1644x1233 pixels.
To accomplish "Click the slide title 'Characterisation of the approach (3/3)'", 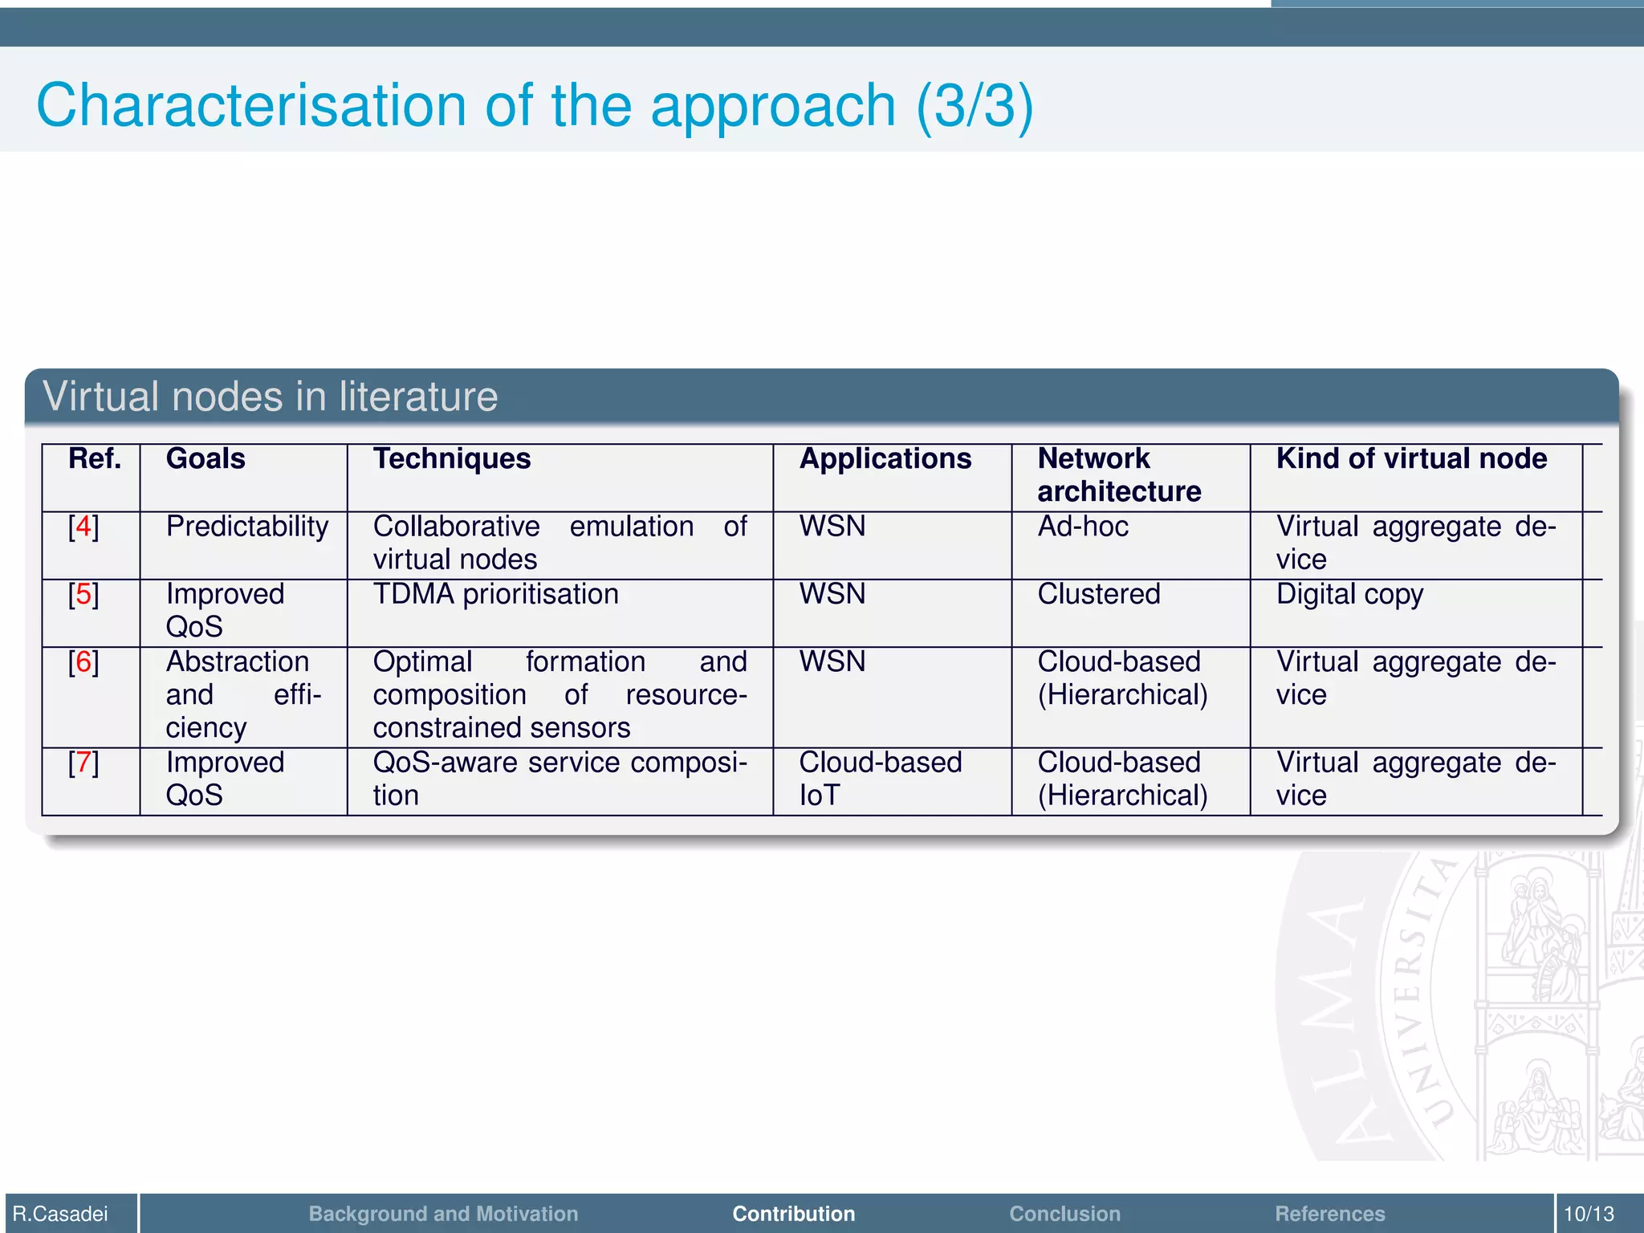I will coord(535,106).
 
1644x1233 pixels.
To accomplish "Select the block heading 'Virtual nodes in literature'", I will coord(270,397).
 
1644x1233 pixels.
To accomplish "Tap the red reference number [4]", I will coord(83,527).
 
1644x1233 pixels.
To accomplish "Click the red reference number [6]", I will coord(83,663).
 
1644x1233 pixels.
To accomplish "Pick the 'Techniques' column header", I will coord(452,459).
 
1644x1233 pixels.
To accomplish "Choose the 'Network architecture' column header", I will coord(1119,475).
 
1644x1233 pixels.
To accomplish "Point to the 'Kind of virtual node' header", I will coord(1411,459).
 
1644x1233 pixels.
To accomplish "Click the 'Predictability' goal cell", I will coord(247,527).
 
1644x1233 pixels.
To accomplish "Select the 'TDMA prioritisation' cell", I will coord(496,595).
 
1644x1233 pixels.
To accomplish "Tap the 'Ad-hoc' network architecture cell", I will coord(1083,527).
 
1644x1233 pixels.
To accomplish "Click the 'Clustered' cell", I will coord(1099,595).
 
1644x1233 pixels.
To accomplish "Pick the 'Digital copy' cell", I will coord(1349,595).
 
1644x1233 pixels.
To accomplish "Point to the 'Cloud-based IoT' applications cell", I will coord(880,779).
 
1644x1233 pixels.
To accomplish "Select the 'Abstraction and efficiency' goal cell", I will coord(243,695).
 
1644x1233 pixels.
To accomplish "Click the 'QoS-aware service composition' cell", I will coord(560,779).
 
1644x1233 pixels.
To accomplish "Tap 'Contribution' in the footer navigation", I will coord(793,1214).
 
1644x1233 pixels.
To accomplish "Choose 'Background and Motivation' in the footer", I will coord(443,1214).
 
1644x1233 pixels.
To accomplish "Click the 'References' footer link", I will coord(1329,1214).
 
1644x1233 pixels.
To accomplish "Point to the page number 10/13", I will coord(1589,1214).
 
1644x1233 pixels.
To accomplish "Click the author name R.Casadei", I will coord(60,1214).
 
